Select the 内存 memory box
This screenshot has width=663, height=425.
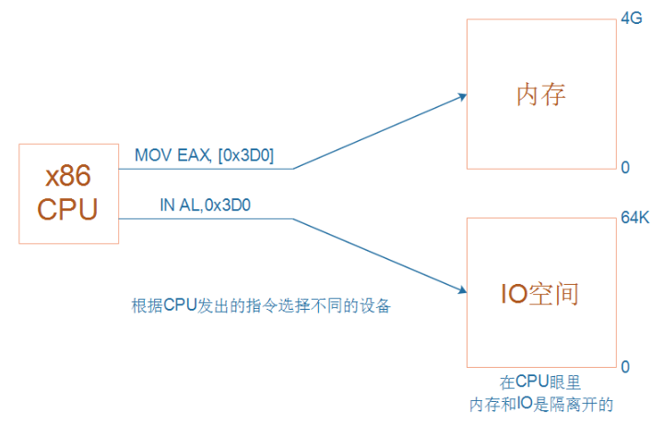tap(541, 95)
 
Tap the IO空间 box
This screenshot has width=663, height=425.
tap(541, 293)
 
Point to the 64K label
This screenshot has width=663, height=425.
tap(635, 218)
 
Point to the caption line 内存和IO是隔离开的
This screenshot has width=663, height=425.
tap(541, 403)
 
